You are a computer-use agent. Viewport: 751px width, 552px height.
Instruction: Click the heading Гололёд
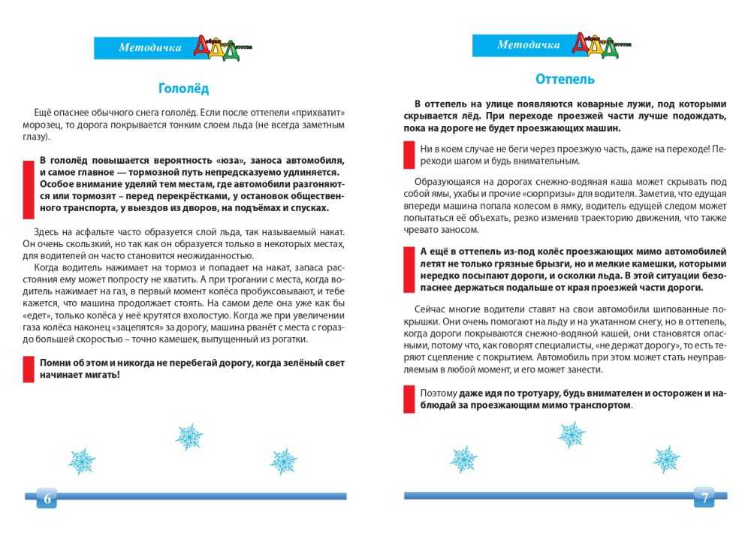[x=184, y=88]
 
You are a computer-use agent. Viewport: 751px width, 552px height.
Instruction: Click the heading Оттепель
[x=565, y=79]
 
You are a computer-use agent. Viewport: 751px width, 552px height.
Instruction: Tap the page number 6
[x=47, y=499]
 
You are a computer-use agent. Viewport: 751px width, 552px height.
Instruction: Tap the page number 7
[x=704, y=497]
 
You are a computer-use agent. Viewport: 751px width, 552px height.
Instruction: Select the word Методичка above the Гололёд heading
[x=150, y=48]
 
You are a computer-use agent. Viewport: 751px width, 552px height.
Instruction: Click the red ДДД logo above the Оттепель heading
[x=594, y=44]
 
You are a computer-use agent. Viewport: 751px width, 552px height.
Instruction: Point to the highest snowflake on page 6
[x=189, y=436]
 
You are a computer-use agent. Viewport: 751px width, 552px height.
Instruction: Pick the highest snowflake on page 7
[x=572, y=433]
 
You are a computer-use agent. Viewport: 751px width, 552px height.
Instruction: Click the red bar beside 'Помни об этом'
[x=29, y=369]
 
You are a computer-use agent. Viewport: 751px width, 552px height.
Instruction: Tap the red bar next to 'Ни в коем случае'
[x=409, y=155]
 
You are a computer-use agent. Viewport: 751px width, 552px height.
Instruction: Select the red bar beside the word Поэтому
[x=409, y=399]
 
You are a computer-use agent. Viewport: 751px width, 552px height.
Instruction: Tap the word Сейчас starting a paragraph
[x=430, y=309]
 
